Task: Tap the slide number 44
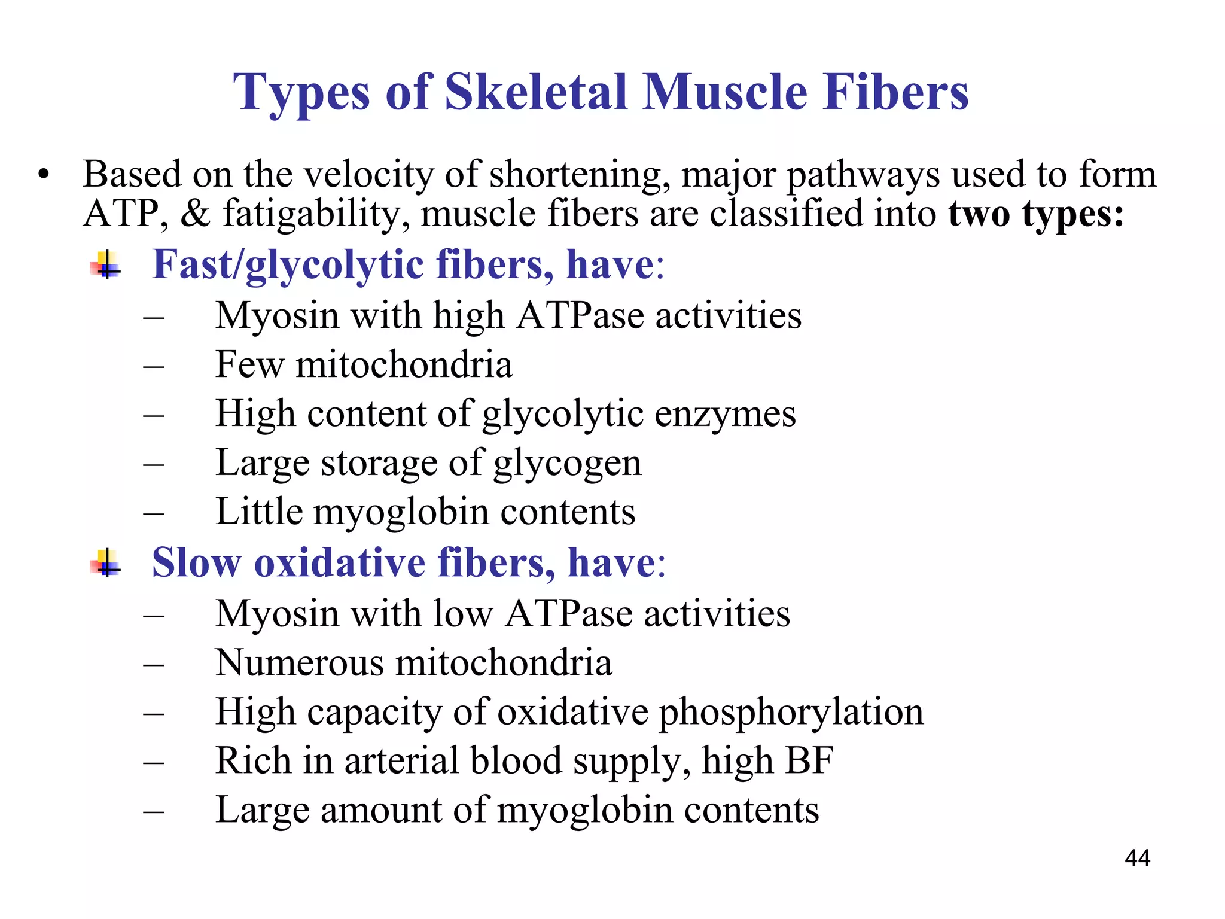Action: click(1137, 858)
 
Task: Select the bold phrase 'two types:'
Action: click(1036, 214)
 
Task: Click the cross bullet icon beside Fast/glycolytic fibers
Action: click(106, 264)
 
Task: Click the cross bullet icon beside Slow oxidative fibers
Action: click(106, 563)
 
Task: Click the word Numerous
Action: click(299, 662)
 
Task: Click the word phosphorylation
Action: click(791, 713)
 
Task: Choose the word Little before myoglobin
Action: click(259, 512)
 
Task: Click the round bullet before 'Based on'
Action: click(43, 175)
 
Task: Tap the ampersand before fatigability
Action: click(195, 214)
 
